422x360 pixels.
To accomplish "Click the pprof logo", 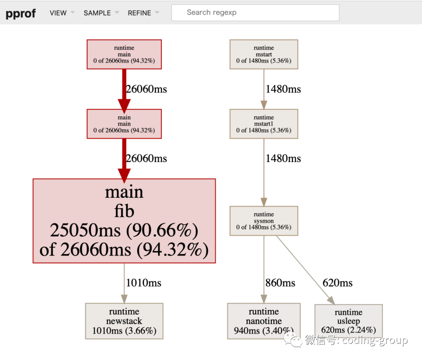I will click(21, 13).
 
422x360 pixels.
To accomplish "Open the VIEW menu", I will click(58, 13).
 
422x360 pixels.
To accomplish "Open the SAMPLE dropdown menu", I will click(97, 13).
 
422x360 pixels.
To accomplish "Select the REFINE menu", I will click(139, 13).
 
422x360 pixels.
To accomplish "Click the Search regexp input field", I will click(255, 13).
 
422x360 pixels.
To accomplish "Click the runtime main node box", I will click(124, 54).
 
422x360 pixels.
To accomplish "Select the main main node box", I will click(124, 124).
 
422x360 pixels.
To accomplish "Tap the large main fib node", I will click(124, 221).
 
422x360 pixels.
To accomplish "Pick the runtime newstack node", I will click(124, 321).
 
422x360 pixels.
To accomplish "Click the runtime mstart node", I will click(264, 54).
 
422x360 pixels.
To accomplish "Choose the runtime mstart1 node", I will click(264, 124).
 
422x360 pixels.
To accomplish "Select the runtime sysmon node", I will click(264, 221).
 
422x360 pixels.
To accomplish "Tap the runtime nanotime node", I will click(264, 321).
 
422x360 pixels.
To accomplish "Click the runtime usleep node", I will click(348, 321).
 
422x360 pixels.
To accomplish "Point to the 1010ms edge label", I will click(143, 283).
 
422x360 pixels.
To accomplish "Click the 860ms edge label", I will click(280, 283).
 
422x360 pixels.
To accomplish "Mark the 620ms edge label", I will click(337, 283).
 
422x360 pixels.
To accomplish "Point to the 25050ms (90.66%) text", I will click(124, 231).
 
